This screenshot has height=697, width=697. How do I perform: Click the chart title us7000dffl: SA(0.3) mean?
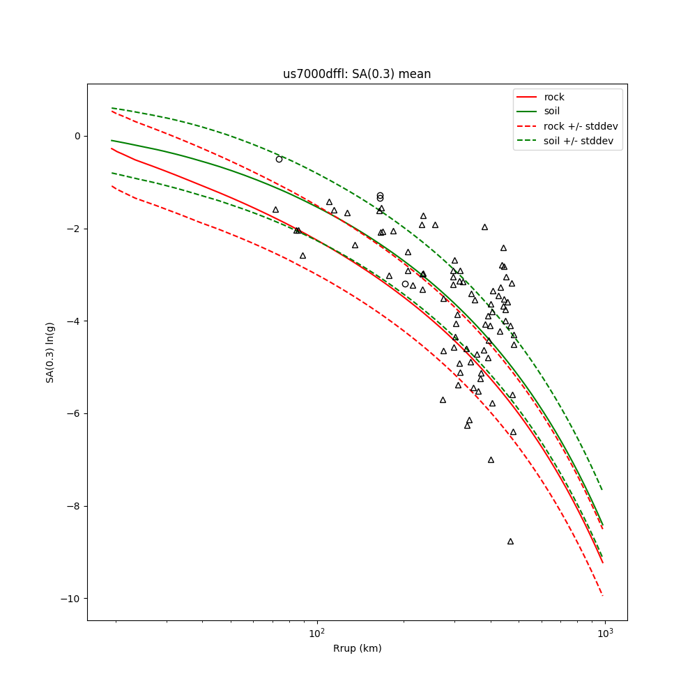click(x=356, y=74)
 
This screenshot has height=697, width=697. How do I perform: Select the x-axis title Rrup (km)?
click(x=357, y=648)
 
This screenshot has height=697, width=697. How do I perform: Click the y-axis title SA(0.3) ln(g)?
click(x=50, y=352)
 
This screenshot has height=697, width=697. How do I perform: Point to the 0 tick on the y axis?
click(x=78, y=136)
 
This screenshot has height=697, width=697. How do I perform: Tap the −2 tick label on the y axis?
click(x=75, y=229)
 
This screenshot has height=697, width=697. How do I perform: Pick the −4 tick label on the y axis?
click(x=75, y=321)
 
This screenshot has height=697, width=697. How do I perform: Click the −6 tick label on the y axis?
click(x=75, y=413)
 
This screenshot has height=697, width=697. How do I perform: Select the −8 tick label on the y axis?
click(x=75, y=506)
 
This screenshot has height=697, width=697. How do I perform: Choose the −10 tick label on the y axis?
click(x=72, y=599)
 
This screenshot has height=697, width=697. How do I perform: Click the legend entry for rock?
click(x=554, y=97)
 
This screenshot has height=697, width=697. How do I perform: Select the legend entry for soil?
click(x=552, y=111)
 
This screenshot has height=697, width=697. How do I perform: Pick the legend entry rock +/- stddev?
click(x=581, y=126)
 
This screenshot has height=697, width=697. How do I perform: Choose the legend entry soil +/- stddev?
click(x=581, y=141)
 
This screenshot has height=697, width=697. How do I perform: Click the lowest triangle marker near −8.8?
click(x=510, y=541)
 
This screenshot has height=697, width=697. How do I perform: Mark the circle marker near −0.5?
click(x=279, y=159)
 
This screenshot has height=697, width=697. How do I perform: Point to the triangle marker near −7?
click(x=491, y=459)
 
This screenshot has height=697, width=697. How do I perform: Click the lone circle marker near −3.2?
click(x=405, y=284)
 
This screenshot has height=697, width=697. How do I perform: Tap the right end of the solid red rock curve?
click(x=603, y=562)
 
